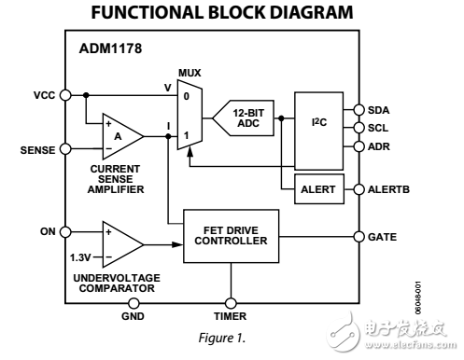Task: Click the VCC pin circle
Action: (66, 94)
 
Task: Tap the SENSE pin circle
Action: (66, 147)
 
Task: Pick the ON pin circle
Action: (66, 231)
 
